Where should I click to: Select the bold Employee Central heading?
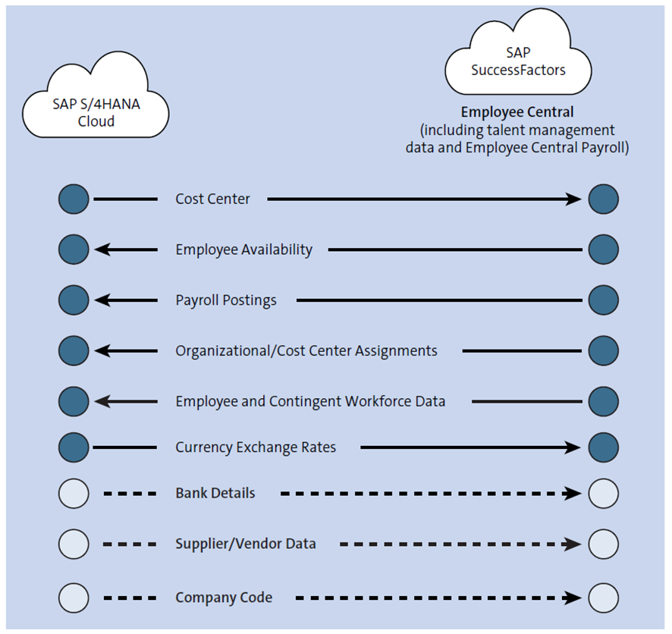click(x=517, y=111)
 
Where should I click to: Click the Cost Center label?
click(x=212, y=199)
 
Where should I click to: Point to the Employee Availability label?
click(x=243, y=250)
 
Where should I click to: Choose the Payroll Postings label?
click(x=226, y=300)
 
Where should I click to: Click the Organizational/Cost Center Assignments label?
click(x=306, y=351)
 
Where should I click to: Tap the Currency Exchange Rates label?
click(x=256, y=447)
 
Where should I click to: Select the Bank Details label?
click(x=215, y=494)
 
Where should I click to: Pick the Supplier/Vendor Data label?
click(x=246, y=544)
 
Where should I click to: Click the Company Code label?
click(x=224, y=598)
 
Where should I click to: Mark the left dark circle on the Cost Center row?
click(x=74, y=199)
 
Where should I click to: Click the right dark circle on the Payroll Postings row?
click(x=603, y=300)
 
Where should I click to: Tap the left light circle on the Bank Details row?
click(x=74, y=494)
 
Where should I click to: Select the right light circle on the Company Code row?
click(x=603, y=597)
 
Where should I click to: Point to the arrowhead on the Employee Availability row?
click(x=102, y=250)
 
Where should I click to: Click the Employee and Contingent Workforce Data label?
click(x=310, y=401)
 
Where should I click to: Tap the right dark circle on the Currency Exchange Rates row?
click(x=603, y=447)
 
